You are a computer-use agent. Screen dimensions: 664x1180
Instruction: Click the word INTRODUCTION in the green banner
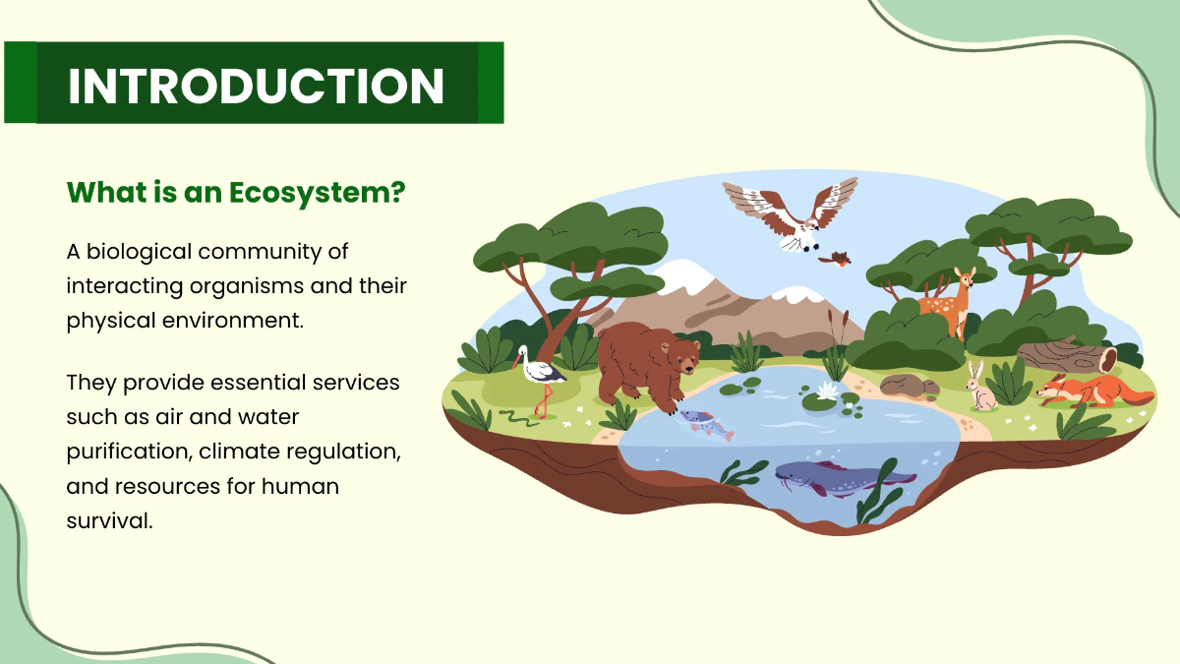[256, 86]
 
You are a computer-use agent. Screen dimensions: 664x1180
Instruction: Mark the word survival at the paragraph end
[107, 520]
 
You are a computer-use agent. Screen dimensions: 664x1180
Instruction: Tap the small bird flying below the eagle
[837, 259]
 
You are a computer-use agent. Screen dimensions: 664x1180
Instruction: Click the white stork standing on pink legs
[539, 374]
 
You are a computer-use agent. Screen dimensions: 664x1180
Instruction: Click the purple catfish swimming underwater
[841, 479]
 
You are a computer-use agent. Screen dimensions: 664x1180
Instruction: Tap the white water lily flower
[824, 392]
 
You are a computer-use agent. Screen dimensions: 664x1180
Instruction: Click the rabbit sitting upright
[980, 388]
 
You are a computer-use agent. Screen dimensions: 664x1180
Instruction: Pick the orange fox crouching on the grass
[1091, 392]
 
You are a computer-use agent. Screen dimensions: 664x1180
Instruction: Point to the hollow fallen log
[1067, 355]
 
